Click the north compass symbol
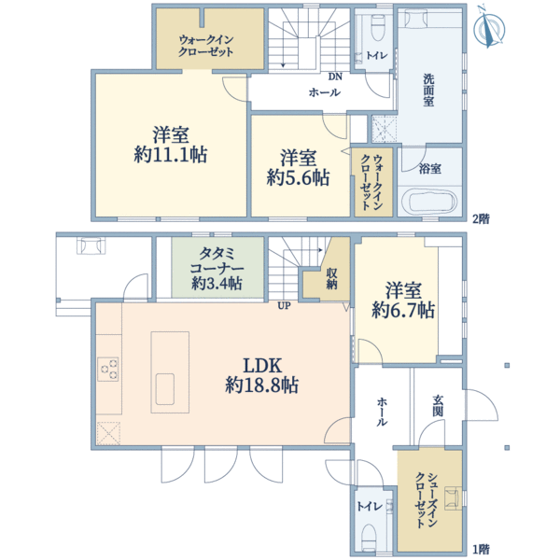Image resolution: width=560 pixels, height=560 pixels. [x=489, y=28]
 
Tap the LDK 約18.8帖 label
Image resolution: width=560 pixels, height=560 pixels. [x=261, y=375]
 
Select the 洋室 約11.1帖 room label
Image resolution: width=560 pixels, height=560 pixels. [x=171, y=145]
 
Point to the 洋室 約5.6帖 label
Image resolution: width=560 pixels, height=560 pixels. [x=298, y=168]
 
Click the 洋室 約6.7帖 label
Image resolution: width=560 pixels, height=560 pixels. [x=403, y=301]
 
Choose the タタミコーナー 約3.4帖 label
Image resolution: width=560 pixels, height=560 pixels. [x=217, y=269]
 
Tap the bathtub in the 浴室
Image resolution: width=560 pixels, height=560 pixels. [x=429, y=203]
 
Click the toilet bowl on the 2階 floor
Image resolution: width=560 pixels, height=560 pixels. [x=377, y=27]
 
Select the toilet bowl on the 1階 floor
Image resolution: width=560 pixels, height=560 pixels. [x=368, y=536]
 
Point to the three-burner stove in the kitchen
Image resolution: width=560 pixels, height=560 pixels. [x=108, y=369]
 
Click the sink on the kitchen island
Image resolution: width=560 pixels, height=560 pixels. [x=165, y=389]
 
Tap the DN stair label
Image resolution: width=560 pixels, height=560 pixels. [x=335, y=77]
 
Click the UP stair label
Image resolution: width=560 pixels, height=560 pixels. [x=285, y=306]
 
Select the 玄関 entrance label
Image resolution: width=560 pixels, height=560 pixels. [x=438, y=406]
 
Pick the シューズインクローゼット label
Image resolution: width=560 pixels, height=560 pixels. [x=426, y=500]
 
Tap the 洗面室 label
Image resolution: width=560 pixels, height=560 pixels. [x=428, y=90]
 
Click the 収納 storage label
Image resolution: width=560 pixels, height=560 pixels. [x=331, y=278]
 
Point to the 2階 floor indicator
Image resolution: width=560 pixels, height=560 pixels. [x=481, y=219]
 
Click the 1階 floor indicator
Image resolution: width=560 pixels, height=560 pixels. [x=481, y=549]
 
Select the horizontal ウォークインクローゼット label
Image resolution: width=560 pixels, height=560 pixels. [x=206, y=46]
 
